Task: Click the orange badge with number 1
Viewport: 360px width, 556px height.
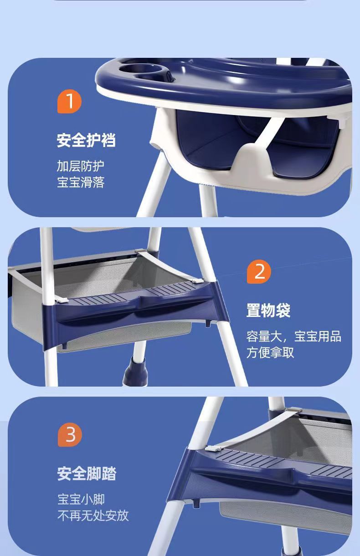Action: pos(69,101)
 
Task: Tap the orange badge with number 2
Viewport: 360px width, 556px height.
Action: pos(259,272)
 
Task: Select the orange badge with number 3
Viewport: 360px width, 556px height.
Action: pos(70,435)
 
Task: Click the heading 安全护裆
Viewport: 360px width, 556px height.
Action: pos(86,141)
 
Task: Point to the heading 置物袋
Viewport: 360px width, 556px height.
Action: pos(268,310)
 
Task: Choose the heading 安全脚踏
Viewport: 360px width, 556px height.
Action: pos(87,474)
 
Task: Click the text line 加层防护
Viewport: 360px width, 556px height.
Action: pos(81,166)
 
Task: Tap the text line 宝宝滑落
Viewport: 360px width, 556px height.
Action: pos(81,182)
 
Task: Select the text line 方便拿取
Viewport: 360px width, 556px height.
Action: pos(270,352)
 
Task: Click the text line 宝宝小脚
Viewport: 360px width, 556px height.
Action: pos(81,500)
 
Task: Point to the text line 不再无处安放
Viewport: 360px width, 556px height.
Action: pos(93,515)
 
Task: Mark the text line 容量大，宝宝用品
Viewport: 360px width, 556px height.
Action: pos(293,337)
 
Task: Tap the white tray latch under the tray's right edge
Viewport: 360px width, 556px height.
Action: pos(342,122)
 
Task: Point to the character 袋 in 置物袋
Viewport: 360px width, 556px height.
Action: pos(283,310)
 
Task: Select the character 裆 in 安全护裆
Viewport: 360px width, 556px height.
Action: pos(108,141)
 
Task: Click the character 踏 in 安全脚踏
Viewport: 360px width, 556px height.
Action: pos(109,474)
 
